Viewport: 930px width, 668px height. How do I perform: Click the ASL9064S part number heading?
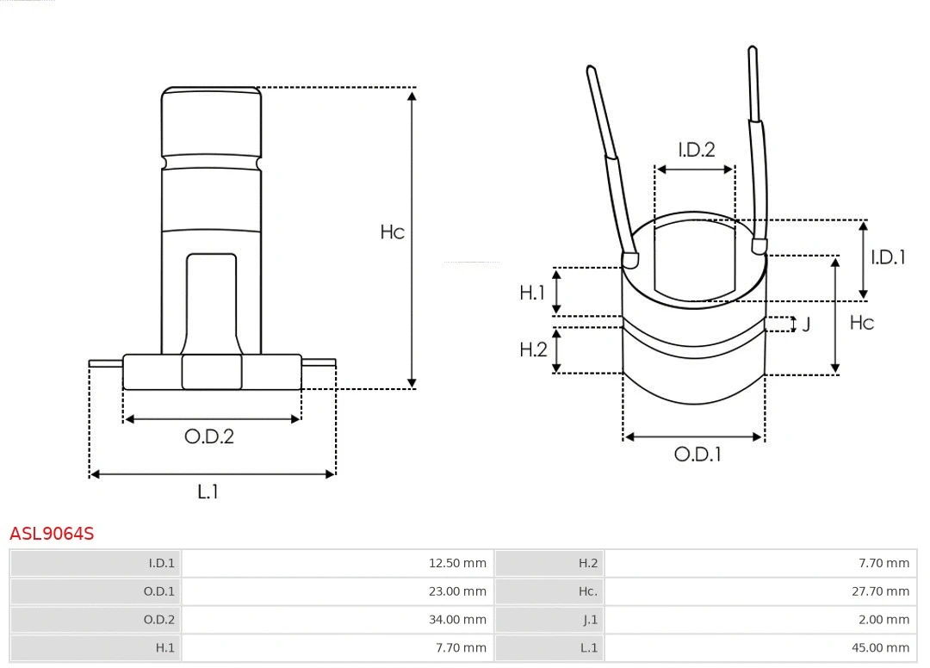[x=52, y=534]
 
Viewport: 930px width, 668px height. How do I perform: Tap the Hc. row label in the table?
[x=587, y=591]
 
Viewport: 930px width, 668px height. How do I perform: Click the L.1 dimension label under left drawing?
[x=208, y=492]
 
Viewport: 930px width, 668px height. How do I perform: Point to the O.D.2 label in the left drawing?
[x=209, y=436]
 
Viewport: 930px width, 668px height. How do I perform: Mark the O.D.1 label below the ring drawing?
[x=697, y=455]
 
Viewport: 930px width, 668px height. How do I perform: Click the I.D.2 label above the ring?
[x=696, y=150]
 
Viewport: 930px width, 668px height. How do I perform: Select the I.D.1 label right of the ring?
[x=888, y=257]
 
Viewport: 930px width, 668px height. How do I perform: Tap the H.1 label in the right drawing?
[x=533, y=293]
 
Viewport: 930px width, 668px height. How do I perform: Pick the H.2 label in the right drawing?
[x=533, y=349]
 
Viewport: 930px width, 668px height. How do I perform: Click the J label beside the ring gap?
[x=806, y=325]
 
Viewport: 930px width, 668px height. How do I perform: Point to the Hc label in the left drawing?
[x=393, y=232]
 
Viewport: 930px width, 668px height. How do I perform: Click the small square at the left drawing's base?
[x=212, y=372]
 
